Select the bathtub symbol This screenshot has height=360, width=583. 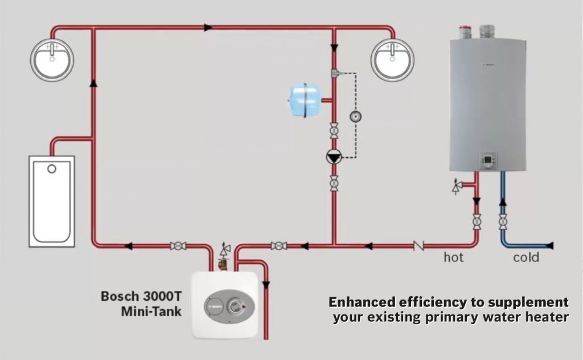(52, 201)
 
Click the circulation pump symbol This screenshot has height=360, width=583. (334, 157)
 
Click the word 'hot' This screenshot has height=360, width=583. (454, 258)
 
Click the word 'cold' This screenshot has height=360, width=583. (526, 258)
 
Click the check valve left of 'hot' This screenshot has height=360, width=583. (419, 246)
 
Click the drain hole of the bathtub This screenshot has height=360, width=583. (52, 169)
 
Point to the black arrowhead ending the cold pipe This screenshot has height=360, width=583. (549, 246)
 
